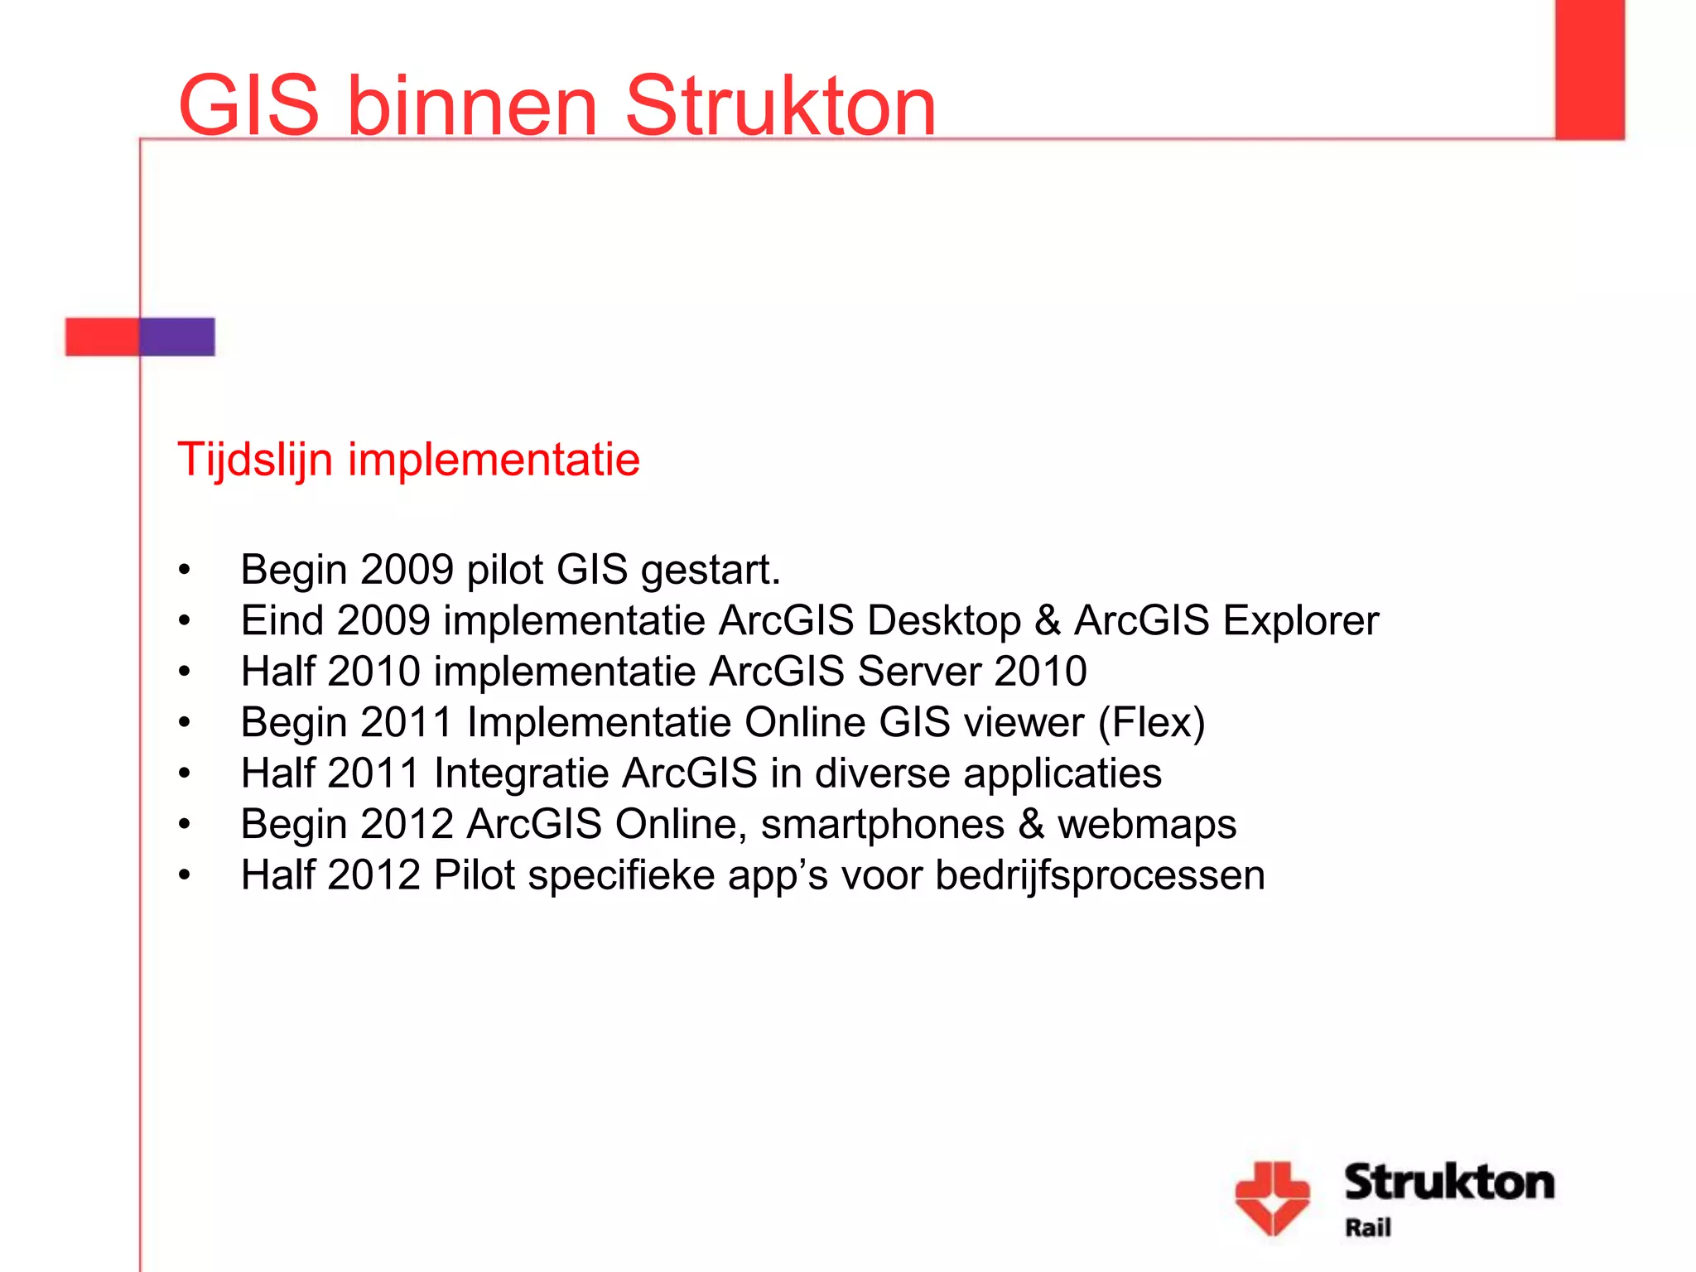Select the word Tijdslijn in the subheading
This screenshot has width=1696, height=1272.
tap(255, 460)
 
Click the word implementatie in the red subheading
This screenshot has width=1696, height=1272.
tap(494, 460)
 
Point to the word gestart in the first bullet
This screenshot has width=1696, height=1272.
tap(710, 571)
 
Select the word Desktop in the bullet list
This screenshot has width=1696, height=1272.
tap(944, 621)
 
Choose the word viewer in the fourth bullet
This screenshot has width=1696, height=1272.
tap(1024, 723)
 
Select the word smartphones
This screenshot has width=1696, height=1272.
tap(882, 825)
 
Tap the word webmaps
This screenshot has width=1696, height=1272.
tap(1147, 825)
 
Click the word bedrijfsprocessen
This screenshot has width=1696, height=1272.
tap(1100, 875)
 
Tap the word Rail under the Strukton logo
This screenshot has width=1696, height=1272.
tap(1367, 1227)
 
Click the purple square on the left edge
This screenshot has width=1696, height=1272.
tap(177, 337)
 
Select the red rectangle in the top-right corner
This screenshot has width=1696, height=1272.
tap(1589, 69)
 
